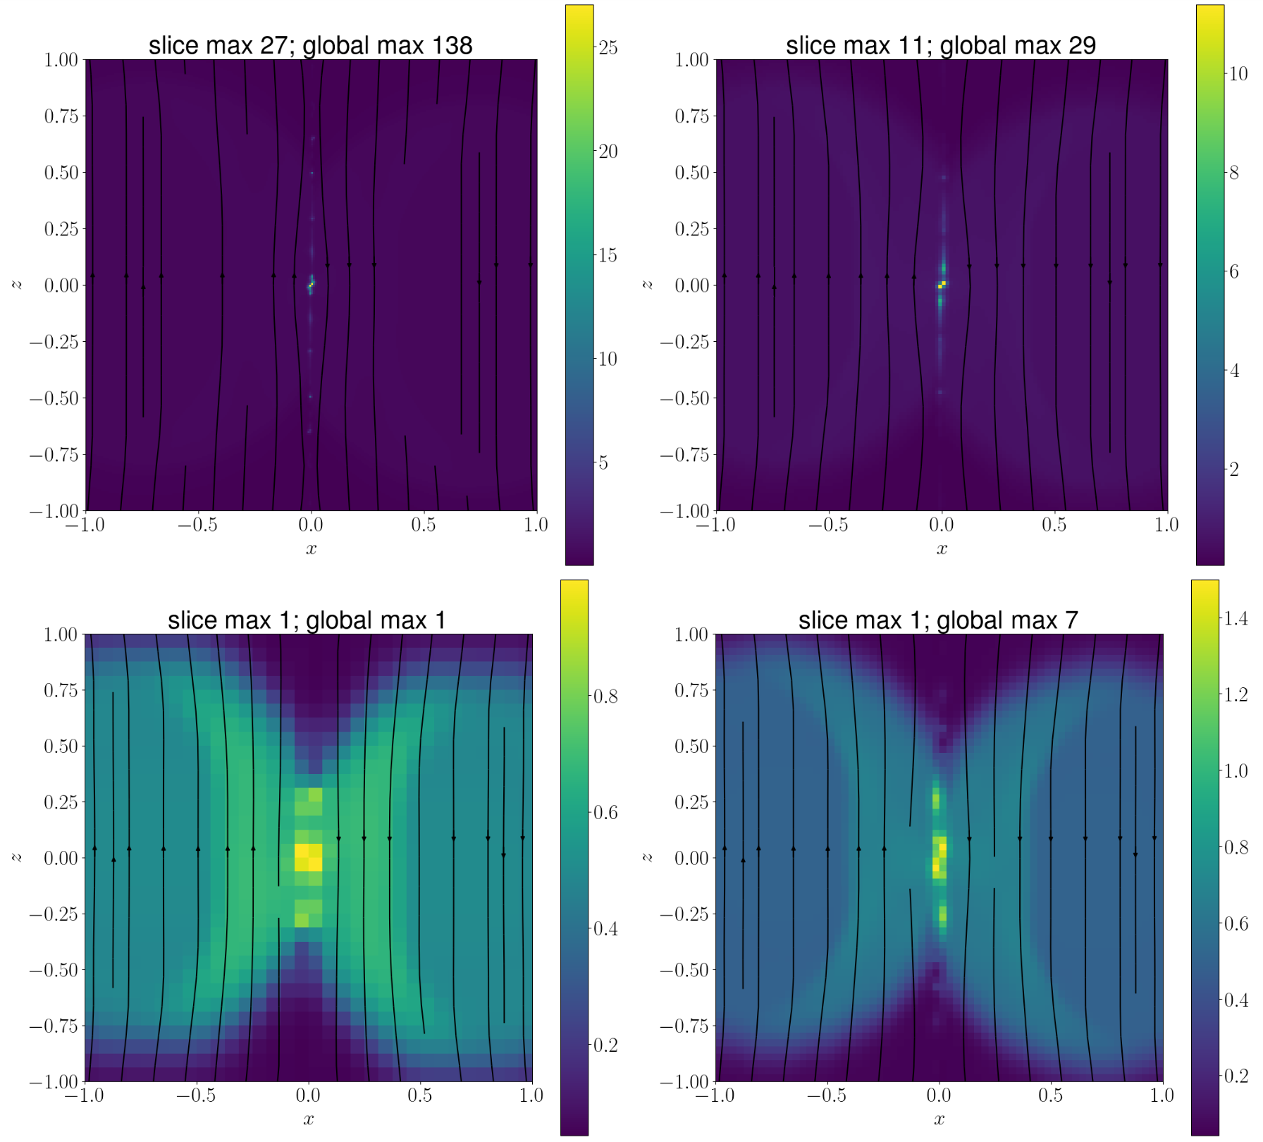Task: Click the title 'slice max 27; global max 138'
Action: (x=310, y=45)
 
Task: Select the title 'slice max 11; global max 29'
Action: (x=941, y=45)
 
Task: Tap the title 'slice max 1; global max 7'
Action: (x=938, y=620)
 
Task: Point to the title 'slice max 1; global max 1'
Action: (x=307, y=620)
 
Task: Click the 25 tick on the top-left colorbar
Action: (x=608, y=48)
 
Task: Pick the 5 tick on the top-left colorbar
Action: (x=603, y=463)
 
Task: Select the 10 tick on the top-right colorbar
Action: (x=1238, y=74)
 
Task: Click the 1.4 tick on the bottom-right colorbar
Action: (x=1236, y=619)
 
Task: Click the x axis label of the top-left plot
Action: (x=311, y=548)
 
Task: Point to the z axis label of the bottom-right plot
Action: (x=648, y=857)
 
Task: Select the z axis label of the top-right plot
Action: (x=648, y=284)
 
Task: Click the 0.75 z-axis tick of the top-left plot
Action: (x=61, y=116)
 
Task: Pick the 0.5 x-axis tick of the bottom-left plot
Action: (x=420, y=1095)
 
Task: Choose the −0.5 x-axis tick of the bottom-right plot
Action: (x=826, y=1095)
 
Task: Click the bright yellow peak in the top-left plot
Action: (x=311, y=285)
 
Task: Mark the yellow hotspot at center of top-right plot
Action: (x=942, y=284)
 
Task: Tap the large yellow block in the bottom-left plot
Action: (x=308, y=857)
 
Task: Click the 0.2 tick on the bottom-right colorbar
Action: (x=1236, y=1076)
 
